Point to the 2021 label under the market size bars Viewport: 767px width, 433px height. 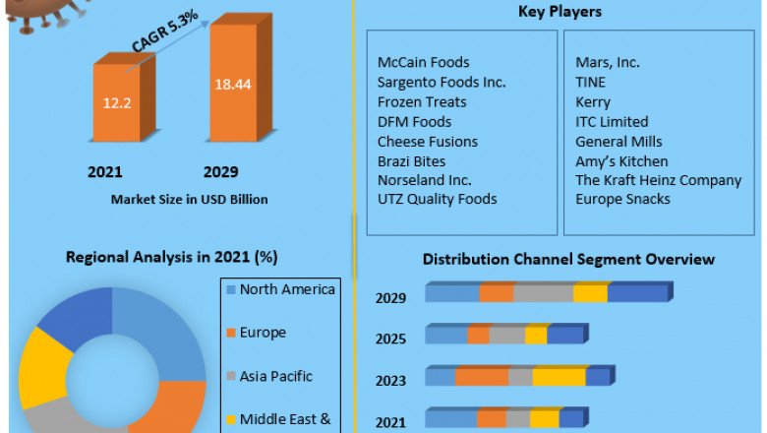[x=105, y=172]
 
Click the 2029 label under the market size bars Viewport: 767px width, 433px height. [x=221, y=172]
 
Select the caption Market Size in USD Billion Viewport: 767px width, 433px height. [x=189, y=199]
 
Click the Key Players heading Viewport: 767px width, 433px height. [x=560, y=12]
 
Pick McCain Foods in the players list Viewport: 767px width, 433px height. [x=424, y=62]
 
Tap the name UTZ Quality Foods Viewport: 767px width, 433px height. [x=438, y=199]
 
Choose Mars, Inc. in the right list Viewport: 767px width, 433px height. [x=608, y=62]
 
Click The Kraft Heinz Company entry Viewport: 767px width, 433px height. [x=659, y=180]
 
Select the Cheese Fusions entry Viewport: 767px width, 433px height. [x=428, y=141]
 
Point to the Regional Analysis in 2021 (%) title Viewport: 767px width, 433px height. [x=171, y=257]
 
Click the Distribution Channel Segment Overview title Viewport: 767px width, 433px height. [x=568, y=259]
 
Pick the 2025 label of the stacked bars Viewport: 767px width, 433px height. [x=390, y=339]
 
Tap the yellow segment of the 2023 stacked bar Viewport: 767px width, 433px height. [x=559, y=377]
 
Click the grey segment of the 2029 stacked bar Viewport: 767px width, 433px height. [x=543, y=293]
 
